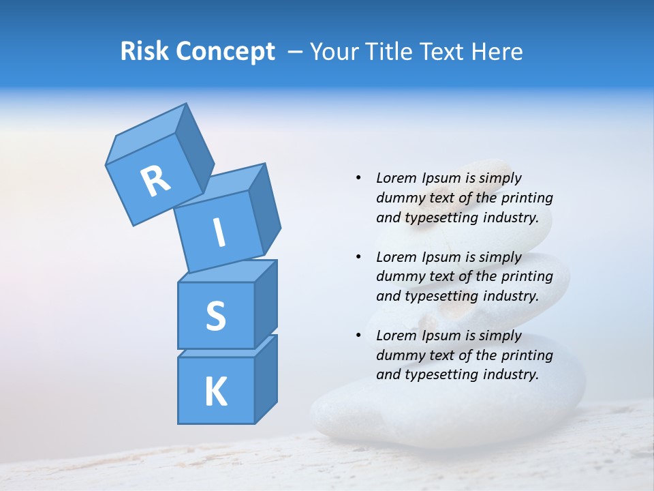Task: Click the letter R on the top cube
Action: (155, 181)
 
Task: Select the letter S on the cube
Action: (215, 316)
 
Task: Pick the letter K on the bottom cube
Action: (215, 392)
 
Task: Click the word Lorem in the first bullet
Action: (396, 178)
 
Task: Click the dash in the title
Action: (296, 52)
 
